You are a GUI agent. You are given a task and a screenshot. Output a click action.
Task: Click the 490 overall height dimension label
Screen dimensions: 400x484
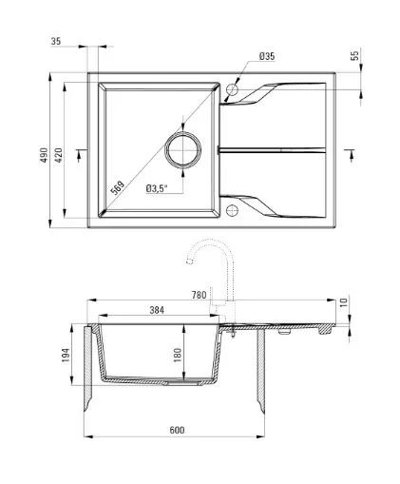pyautogui.click(x=44, y=155)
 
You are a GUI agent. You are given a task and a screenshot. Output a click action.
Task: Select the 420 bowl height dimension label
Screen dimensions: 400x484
pyautogui.click(x=59, y=155)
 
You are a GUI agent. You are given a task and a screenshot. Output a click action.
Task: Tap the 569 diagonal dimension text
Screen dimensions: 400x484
pyautogui.click(x=118, y=187)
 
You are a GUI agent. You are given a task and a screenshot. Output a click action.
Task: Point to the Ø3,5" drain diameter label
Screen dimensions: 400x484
pyautogui.click(x=157, y=188)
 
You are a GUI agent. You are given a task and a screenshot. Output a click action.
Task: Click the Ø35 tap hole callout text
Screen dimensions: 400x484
pyautogui.click(x=267, y=56)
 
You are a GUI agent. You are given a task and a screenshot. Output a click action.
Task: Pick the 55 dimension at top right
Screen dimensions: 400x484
pyautogui.click(x=355, y=55)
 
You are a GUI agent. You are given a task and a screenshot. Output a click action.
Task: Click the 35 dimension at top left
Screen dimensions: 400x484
pyautogui.click(x=56, y=41)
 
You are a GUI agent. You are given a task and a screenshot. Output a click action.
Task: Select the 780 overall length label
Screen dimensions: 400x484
pyautogui.click(x=199, y=295)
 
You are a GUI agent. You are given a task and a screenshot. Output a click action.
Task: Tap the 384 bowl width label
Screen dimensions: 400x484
pyautogui.click(x=157, y=310)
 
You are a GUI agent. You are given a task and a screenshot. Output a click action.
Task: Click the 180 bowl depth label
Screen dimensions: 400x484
pyautogui.click(x=178, y=355)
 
